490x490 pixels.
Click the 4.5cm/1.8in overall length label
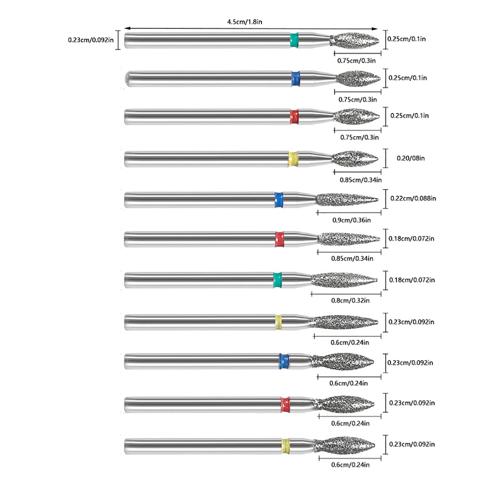(244, 22)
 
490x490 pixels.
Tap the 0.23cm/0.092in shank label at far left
(91, 40)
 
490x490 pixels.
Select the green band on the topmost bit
(294, 40)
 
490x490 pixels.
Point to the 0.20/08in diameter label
(411, 158)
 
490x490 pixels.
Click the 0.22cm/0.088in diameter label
(413, 198)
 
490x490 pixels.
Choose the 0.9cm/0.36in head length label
(352, 220)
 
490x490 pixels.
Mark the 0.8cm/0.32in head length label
(350, 300)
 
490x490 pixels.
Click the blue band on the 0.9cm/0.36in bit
(279, 200)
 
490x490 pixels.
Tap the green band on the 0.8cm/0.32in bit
(277, 280)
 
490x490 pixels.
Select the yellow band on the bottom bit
(285, 446)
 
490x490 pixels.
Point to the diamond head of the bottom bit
(345, 445)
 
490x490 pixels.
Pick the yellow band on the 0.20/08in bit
(293, 159)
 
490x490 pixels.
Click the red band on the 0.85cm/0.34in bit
(279, 239)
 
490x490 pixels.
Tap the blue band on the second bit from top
(296, 79)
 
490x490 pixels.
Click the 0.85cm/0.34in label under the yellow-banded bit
(360, 180)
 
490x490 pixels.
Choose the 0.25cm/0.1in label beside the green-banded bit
(406, 39)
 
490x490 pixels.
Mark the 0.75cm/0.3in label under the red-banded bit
(359, 138)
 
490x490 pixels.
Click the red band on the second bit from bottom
(285, 404)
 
